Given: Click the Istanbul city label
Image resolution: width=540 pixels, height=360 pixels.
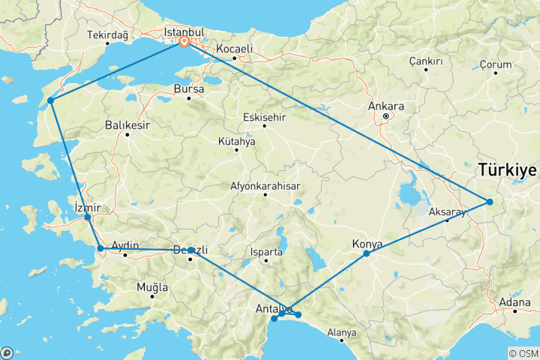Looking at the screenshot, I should click(x=184, y=32).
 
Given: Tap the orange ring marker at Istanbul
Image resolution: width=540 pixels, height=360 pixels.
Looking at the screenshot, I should click(x=184, y=42).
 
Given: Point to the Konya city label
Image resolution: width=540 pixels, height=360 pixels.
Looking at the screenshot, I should click(x=367, y=244).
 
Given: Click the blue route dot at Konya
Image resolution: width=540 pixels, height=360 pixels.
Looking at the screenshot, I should click(x=367, y=253).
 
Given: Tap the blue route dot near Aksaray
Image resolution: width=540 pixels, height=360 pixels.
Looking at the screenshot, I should click(x=489, y=201).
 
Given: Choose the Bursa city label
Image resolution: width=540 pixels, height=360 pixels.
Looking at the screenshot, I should click(x=189, y=88).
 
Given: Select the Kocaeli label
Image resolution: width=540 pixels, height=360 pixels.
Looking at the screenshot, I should click(x=234, y=49).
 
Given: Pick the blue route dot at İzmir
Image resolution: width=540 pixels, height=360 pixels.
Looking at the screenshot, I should click(x=88, y=217).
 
